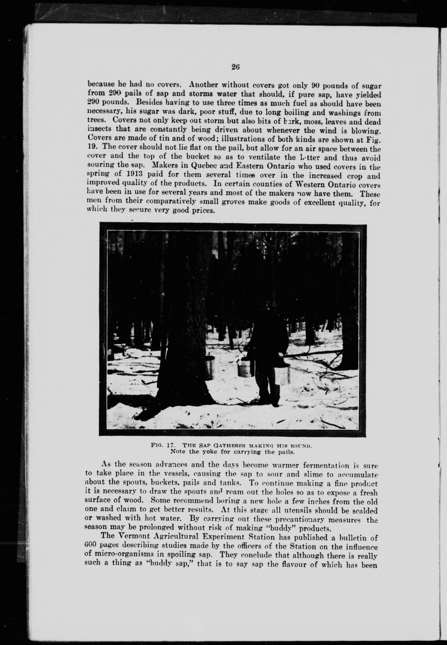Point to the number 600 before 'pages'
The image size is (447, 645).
[x=90, y=545]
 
